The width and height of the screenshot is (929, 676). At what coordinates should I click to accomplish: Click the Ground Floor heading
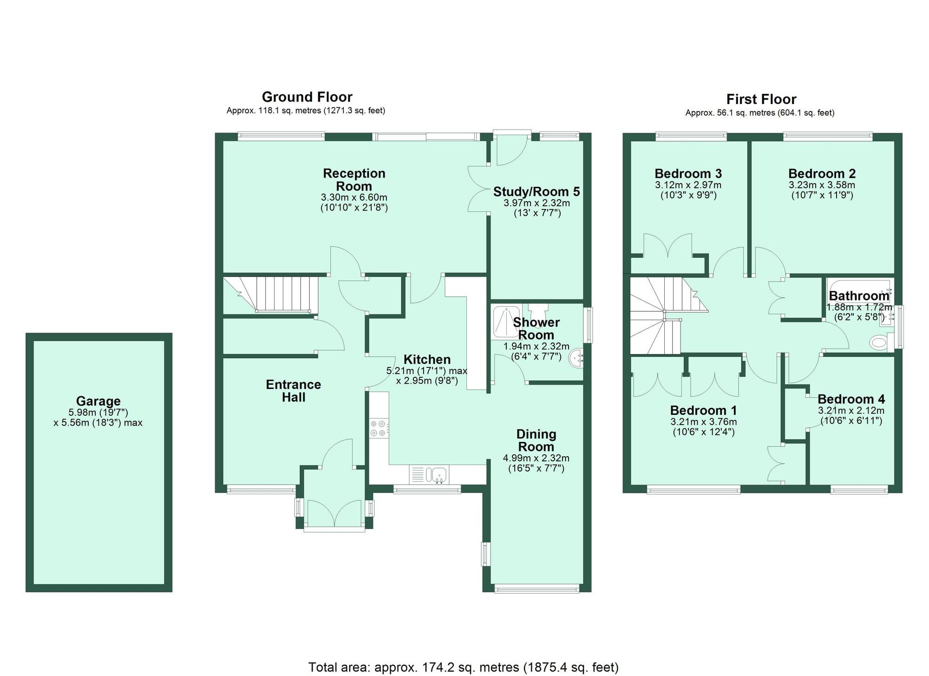[307, 97]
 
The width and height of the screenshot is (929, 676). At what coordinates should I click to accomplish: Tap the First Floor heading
[761, 99]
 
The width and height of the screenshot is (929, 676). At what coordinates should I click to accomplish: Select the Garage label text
[98, 400]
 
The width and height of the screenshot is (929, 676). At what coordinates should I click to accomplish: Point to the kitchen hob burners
[378, 428]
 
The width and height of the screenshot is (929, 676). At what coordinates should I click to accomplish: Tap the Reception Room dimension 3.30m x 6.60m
[354, 197]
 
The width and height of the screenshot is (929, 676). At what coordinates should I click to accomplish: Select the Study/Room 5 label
[536, 191]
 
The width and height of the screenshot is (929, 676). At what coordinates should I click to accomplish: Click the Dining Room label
[536, 440]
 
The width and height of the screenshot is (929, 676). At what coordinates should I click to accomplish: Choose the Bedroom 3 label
[688, 174]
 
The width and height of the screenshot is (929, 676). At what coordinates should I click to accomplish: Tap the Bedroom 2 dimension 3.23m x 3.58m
[822, 185]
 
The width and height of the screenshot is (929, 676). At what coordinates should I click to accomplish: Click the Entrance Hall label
[293, 391]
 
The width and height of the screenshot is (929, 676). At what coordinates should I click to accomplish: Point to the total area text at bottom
[463, 667]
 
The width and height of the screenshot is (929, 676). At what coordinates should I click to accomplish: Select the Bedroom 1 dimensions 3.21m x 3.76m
[703, 422]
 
